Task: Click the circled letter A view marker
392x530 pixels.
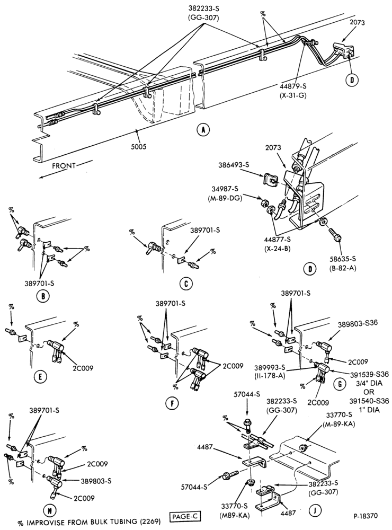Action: click(203, 129)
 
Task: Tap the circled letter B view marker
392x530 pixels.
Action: click(43, 296)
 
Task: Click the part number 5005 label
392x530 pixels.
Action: click(139, 147)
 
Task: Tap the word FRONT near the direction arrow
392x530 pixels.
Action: click(64, 165)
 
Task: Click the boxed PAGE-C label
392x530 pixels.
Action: click(184, 516)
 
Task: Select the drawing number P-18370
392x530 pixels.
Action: click(366, 516)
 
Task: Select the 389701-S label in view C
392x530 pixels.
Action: click(205, 230)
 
